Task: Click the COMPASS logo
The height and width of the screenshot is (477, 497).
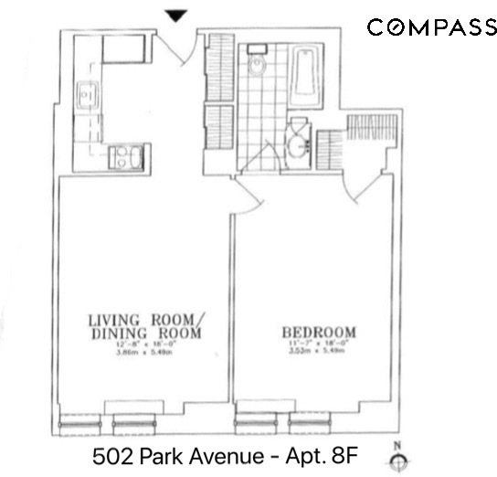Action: click(x=431, y=27)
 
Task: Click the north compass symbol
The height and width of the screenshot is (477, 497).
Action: click(x=395, y=461)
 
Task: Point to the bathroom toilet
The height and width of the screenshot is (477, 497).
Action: click(x=256, y=61)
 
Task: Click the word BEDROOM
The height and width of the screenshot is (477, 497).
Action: click(x=319, y=332)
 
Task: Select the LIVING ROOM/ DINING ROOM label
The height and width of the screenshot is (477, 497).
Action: click(x=147, y=326)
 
